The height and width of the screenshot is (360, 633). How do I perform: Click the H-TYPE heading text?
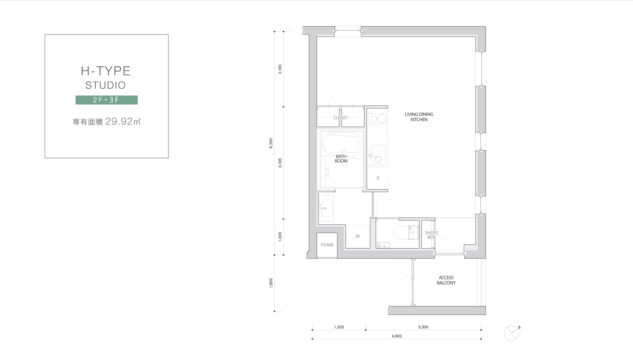[105, 71]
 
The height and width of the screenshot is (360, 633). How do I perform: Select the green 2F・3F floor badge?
[106, 100]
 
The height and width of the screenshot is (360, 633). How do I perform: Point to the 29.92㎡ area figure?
[123, 121]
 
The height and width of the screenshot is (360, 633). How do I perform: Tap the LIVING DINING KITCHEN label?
[419, 117]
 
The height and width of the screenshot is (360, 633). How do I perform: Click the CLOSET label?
[340, 118]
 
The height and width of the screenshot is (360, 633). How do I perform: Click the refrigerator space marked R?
[378, 178]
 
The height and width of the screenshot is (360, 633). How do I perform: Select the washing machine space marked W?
[358, 236]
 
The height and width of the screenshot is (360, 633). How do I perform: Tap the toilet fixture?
[404, 233]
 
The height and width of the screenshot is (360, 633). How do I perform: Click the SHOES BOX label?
[432, 235]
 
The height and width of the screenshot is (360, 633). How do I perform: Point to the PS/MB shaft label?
[327, 245]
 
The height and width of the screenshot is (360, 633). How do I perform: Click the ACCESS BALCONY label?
[446, 280]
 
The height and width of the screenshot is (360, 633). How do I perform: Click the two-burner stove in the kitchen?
[378, 119]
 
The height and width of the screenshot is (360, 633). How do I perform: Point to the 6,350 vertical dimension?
[271, 143]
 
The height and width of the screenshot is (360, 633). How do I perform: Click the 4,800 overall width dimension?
[397, 336]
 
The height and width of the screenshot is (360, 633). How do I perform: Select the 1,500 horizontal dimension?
[339, 327]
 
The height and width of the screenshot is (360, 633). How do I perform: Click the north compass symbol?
[512, 333]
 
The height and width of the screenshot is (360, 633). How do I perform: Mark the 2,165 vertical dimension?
[280, 69]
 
